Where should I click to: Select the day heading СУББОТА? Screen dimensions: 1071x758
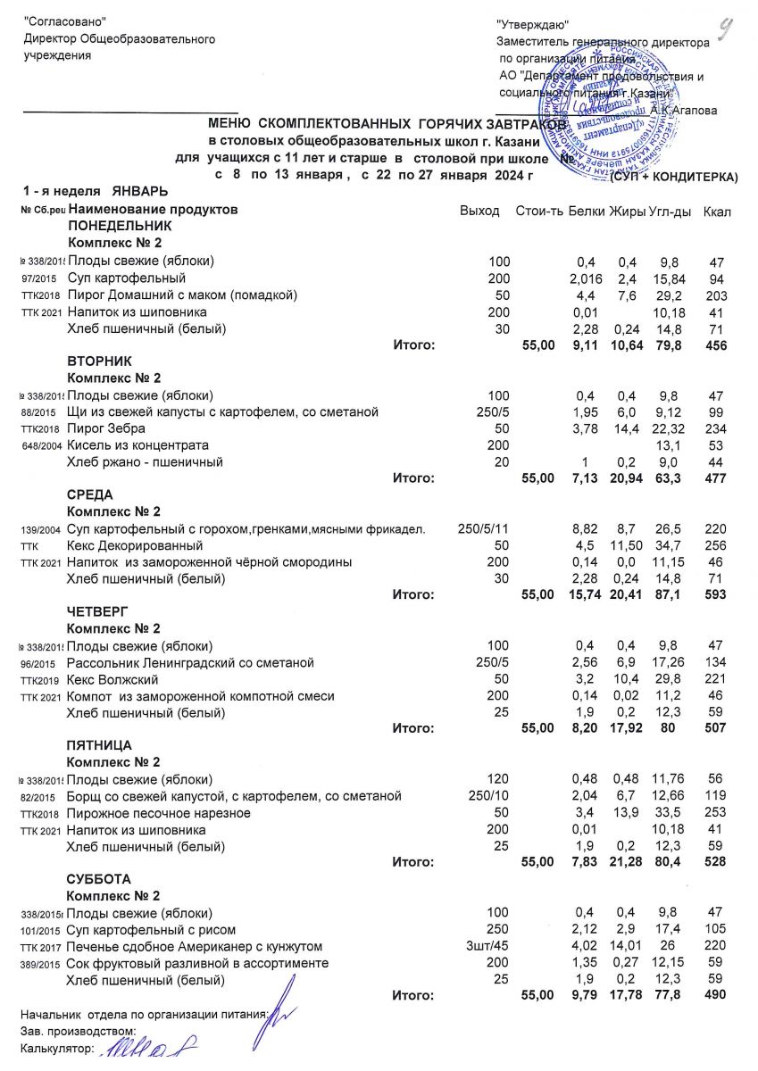click(x=99, y=879)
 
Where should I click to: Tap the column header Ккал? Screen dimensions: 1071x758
click(x=717, y=211)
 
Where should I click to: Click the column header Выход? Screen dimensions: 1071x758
click(x=479, y=211)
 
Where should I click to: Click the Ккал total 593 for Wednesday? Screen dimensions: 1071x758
click(x=714, y=594)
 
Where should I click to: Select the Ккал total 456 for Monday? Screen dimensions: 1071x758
click(x=714, y=345)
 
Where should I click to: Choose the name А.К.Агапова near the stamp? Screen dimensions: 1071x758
click(x=683, y=111)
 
